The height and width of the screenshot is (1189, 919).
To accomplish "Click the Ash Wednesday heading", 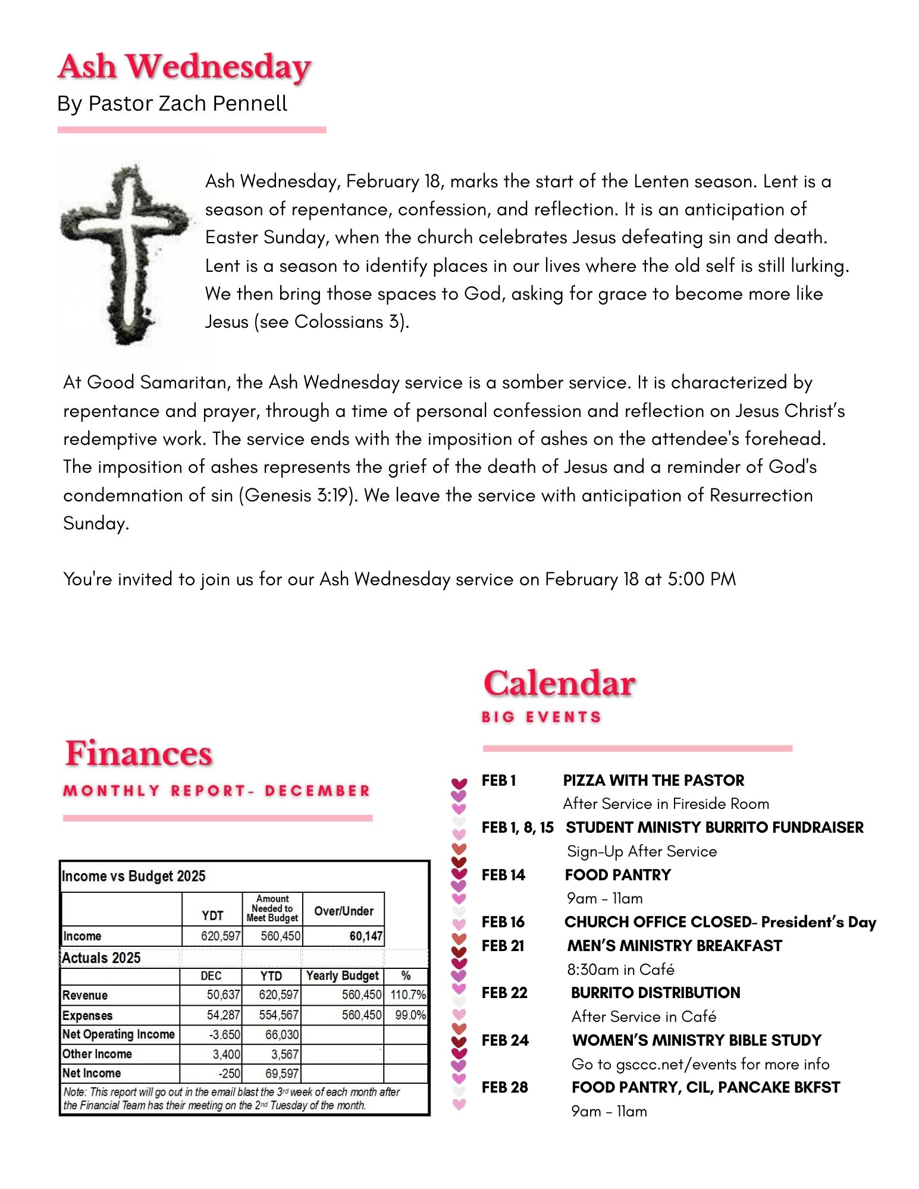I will tap(184, 67).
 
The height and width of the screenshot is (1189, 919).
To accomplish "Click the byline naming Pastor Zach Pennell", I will tap(172, 103).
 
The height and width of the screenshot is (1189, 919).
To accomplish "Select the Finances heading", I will tap(139, 754).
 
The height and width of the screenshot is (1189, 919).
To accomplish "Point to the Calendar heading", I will tap(559, 683).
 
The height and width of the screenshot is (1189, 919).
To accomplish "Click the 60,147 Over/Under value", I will tap(365, 936).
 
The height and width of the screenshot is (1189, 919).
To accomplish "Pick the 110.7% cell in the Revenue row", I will tap(407, 995).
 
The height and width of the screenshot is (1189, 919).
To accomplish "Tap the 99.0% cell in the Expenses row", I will tap(410, 1015).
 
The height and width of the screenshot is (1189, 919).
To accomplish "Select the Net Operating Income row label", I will tap(118, 1034).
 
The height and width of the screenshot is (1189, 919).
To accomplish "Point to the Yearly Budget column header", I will tap(342, 975).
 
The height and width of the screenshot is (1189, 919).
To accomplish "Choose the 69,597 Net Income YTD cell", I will tap(282, 1073).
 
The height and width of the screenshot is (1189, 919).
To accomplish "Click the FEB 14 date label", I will tap(503, 875).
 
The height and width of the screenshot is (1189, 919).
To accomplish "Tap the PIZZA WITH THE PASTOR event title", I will tap(653, 780).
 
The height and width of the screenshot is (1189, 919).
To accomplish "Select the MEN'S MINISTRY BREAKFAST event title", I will tap(675, 946).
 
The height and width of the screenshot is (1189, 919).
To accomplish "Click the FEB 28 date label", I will tap(504, 1087).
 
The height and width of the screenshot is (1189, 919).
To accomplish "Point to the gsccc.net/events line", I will tap(700, 1063).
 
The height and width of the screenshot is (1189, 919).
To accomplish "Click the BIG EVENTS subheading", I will tap(541, 717).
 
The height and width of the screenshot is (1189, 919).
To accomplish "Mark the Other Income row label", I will tap(97, 1054).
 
